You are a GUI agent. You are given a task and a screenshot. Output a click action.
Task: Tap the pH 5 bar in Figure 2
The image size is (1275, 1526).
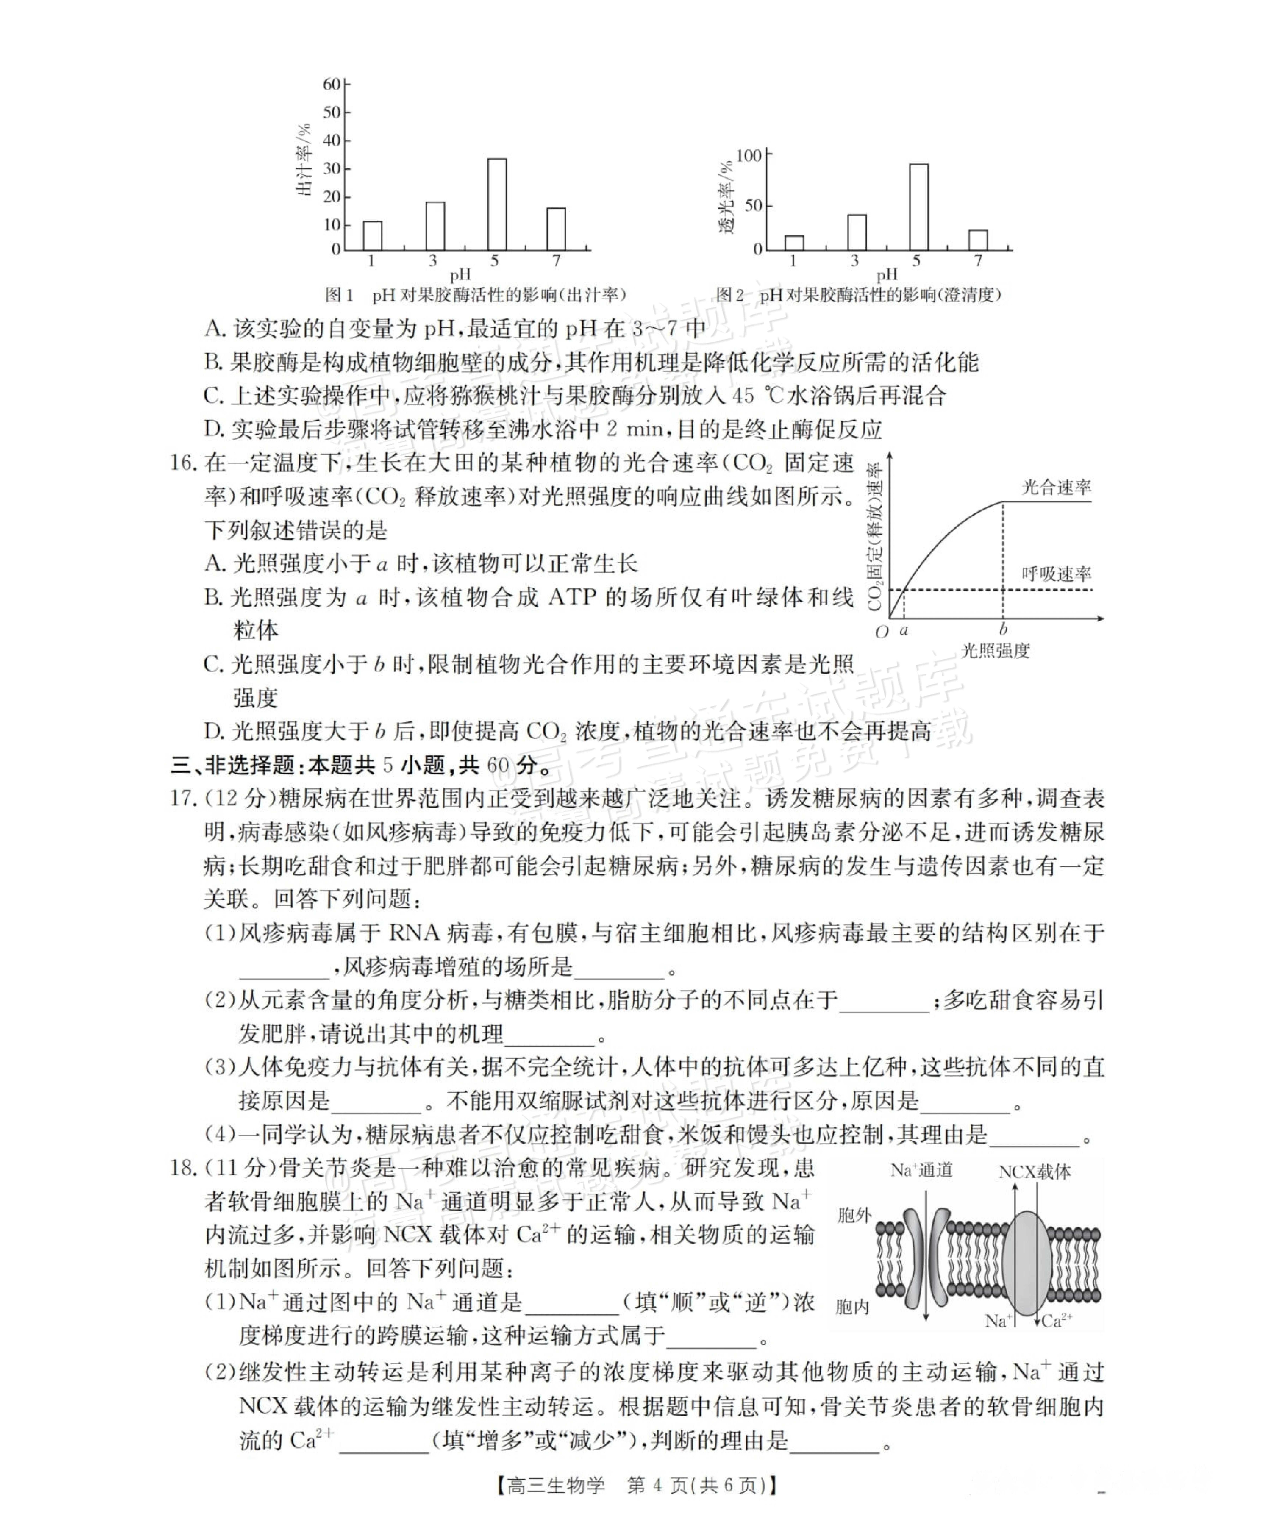[x=918, y=207]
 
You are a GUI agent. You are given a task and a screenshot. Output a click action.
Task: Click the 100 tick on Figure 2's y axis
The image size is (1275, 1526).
[x=748, y=156]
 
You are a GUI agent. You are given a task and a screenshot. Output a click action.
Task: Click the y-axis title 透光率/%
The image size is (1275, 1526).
[x=727, y=196]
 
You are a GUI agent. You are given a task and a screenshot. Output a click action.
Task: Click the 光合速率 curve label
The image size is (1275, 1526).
[x=1056, y=488]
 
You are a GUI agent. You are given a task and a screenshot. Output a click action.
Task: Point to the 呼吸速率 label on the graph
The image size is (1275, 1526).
[x=1056, y=574]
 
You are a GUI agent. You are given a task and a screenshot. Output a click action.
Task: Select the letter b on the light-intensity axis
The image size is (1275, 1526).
[x=1003, y=629]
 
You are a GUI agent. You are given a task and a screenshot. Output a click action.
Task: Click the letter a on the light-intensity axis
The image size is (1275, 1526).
[x=904, y=631]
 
